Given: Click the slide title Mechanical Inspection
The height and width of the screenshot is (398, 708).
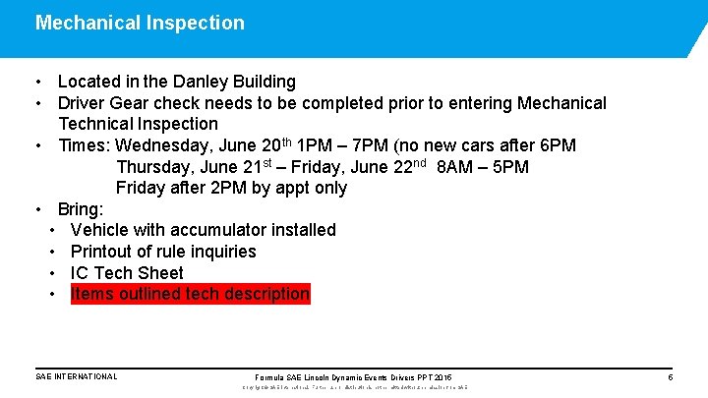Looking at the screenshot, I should [140, 23].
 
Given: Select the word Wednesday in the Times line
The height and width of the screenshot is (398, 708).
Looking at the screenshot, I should [159, 145].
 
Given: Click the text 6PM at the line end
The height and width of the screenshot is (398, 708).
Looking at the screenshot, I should [557, 145].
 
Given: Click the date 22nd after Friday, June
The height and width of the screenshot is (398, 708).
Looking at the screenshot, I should [403, 166].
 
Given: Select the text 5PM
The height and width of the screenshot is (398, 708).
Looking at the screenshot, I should [510, 167].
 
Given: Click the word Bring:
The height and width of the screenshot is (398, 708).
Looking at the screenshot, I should [81, 209].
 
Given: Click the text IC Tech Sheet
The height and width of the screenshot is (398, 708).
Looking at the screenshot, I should [127, 273].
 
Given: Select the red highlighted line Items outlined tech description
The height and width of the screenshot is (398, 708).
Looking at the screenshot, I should [190, 294].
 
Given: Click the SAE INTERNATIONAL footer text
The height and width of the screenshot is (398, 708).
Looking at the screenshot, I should [76, 376].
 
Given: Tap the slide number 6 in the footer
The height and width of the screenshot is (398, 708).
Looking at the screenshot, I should [670, 377].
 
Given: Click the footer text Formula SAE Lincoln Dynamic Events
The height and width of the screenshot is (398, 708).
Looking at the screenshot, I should [324, 377].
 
